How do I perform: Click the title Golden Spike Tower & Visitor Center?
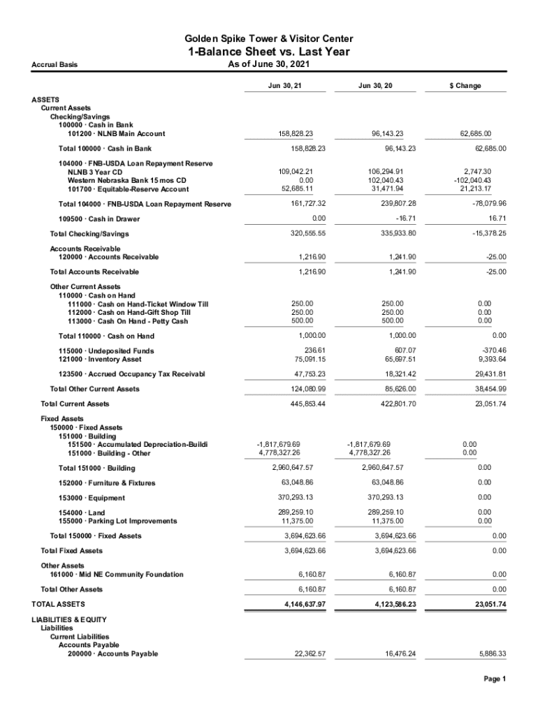tap(269, 38)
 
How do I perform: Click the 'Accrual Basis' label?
tap(54, 65)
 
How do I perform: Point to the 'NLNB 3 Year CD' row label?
tap(95, 172)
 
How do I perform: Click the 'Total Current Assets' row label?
tap(75, 404)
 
